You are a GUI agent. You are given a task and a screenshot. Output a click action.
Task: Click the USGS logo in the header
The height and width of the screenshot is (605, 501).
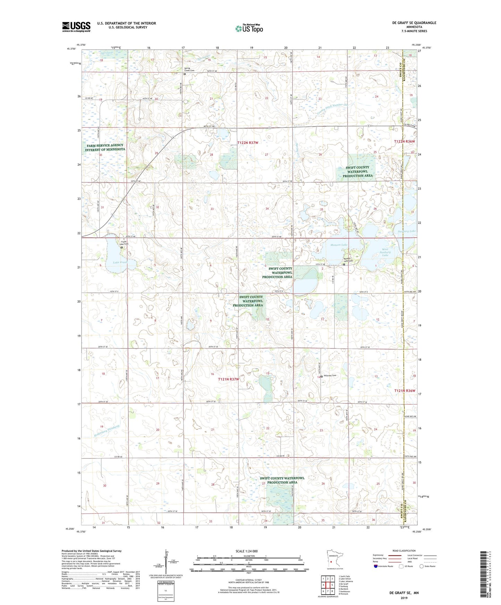[76, 27]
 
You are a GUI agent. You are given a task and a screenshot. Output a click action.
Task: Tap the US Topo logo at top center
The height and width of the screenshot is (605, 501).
[249, 28]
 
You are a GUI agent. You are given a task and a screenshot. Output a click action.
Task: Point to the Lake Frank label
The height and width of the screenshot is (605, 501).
[120, 262]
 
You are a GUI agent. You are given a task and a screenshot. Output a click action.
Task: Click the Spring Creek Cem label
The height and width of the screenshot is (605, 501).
[189, 69]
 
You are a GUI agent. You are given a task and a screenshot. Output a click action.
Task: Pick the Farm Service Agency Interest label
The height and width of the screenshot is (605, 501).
[105, 147]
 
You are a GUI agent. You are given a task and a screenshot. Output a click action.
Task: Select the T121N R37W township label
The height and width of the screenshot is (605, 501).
[228, 379]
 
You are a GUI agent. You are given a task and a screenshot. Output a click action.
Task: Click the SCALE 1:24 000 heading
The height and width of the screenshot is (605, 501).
[247, 551]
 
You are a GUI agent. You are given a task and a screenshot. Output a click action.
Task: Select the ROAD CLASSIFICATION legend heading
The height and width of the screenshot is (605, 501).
[404, 551]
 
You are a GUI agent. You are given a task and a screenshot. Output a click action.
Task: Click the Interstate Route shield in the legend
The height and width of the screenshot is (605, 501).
[376, 567]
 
